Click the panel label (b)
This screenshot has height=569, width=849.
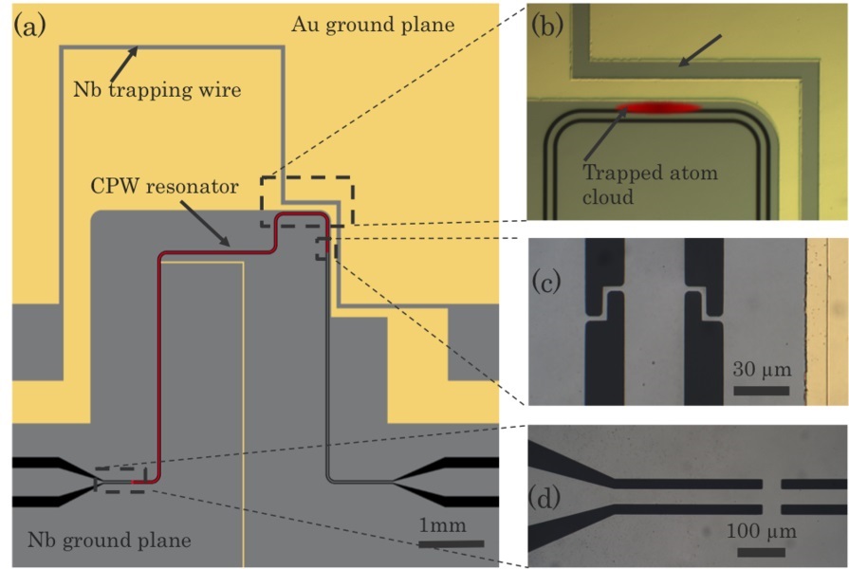click(547, 26)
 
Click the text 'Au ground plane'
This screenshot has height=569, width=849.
click(373, 27)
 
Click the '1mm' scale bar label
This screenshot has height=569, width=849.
click(438, 524)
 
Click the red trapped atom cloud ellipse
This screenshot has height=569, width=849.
click(657, 108)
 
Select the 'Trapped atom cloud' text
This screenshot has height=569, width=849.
click(650, 183)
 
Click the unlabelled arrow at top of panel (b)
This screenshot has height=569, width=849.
click(700, 51)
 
